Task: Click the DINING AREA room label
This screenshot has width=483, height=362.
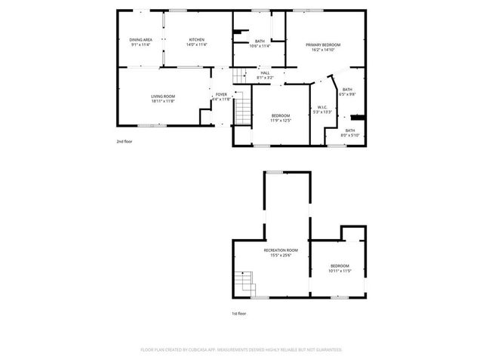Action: pos(141,39)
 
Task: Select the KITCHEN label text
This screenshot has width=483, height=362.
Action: pos(197,39)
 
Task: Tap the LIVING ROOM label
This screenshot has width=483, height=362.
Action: pos(163,96)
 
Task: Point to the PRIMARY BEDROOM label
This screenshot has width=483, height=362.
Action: pos(323,45)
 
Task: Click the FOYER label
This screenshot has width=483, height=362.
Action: pos(221,94)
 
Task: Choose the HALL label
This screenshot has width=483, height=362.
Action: pos(265,72)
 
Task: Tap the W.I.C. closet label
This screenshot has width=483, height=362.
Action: pos(321,106)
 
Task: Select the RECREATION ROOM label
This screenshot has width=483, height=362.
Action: pos(281,250)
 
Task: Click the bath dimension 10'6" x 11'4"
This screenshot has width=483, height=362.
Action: pos(260,46)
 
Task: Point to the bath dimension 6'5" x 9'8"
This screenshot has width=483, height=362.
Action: pos(347,94)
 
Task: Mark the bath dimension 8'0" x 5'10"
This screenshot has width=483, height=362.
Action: pos(350,135)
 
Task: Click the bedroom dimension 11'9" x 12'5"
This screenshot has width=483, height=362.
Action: pos(280,120)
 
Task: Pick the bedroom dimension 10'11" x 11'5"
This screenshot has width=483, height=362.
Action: pos(340,271)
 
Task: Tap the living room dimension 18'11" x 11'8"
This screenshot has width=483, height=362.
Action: pos(163,101)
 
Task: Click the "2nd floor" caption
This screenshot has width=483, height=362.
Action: pos(124,141)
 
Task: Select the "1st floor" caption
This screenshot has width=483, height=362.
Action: pos(239,313)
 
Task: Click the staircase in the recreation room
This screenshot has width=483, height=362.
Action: pos(244,284)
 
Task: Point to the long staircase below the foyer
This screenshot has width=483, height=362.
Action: pos(242,111)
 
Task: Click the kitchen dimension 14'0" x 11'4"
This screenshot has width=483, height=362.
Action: pos(197,44)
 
